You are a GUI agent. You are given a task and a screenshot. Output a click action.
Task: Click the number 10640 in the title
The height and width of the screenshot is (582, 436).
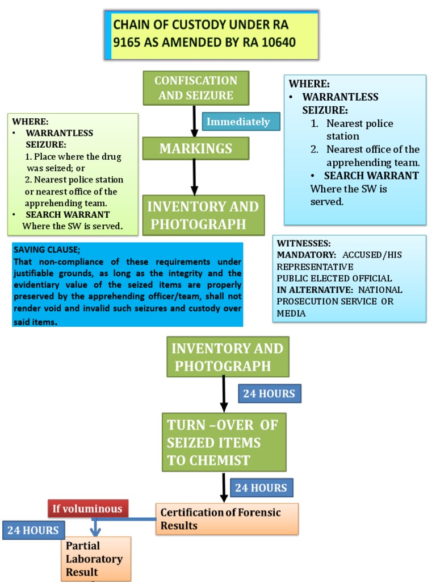point(276,43)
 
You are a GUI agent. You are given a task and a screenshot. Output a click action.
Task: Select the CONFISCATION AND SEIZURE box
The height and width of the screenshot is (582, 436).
point(196,88)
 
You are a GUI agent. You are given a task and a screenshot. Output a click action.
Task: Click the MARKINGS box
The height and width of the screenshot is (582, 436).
point(196,148)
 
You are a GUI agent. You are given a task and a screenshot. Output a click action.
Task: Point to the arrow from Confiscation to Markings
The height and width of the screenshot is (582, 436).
point(194,121)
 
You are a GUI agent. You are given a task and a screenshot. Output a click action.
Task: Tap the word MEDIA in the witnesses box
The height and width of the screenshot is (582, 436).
point(291,314)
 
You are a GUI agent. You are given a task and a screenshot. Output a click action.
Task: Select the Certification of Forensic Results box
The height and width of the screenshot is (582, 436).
point(227,519)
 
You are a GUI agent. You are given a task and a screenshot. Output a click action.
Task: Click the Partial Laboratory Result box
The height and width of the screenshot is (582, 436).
point(95,559)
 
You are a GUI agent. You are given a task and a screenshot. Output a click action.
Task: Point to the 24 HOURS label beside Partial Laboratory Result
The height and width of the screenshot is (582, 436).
point(33,530)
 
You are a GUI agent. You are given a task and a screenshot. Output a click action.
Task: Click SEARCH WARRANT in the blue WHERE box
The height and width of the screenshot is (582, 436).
point(371,176)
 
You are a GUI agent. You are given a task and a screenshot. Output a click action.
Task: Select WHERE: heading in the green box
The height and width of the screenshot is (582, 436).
point(31,122)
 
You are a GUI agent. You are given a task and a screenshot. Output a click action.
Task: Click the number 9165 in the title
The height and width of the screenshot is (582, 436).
point(130,43)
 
